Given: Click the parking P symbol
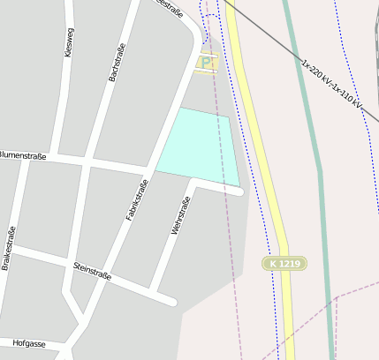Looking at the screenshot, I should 207,63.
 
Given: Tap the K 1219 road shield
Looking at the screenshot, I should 285,264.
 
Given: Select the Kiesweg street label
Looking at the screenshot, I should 70,41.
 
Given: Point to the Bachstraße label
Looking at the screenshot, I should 112,64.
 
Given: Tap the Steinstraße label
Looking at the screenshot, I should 92,272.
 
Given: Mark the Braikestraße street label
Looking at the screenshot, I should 10,248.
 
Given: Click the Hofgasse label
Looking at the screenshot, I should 28,342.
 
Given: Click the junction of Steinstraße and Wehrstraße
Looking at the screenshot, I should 154,291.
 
